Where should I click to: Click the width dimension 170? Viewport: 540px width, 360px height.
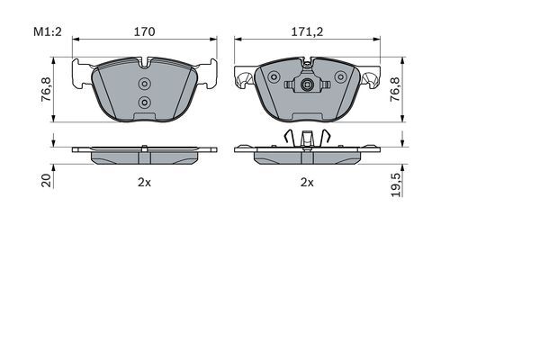click(x=145, y=31)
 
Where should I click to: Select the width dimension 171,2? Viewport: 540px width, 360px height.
click(x=307, y=31)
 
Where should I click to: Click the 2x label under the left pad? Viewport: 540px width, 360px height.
click(x=143, y=182)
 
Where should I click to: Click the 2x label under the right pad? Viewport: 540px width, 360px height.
click(x=307, y=182)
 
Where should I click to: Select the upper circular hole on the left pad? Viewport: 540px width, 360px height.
click(x=145, y=84)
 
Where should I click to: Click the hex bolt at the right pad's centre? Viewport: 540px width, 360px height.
click(x=307, y=87)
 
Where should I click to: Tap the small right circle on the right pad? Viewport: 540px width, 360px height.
click(x=339, y=78)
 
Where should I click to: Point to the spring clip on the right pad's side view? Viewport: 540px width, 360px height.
click(x=307, y=139)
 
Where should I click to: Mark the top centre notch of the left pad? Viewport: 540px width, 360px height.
click(x=145, y=63)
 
